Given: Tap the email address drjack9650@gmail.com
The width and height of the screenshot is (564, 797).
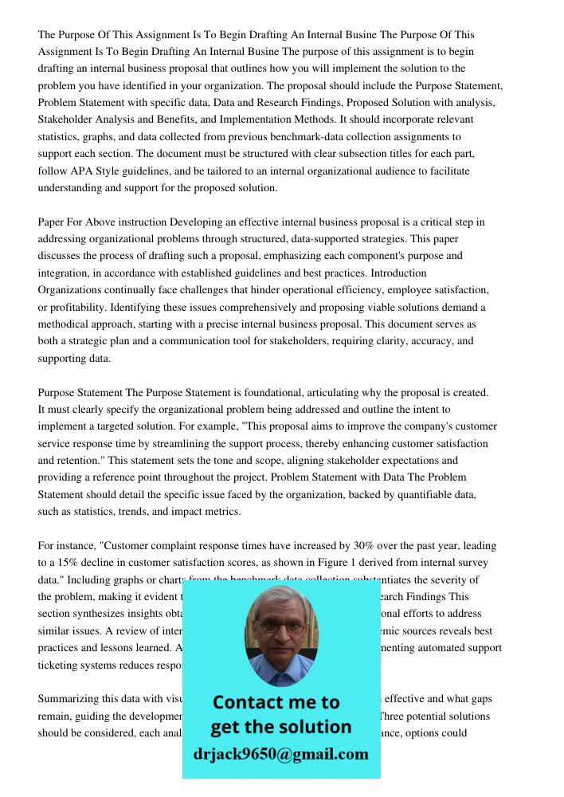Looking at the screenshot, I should click(280, 754).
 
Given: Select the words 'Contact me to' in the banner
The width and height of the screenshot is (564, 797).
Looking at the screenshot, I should click(276, 702).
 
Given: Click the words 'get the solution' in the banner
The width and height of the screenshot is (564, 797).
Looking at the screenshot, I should click(280, 727).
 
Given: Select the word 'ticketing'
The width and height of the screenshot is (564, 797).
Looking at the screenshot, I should click(64, 665).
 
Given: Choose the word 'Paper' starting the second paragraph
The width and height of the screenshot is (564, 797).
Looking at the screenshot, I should click(52, 222).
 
